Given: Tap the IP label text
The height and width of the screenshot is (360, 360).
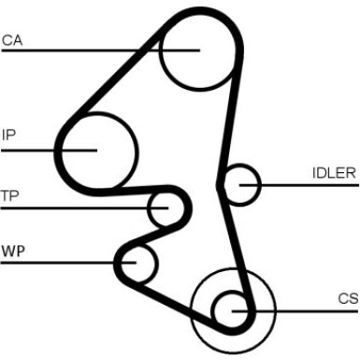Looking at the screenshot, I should [x=8, y=134].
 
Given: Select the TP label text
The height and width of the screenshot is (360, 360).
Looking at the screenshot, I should [x=9, y=195].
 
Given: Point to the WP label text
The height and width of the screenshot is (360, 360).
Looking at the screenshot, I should [x=12, y=251].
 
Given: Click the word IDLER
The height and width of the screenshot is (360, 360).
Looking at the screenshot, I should [x=334, y=173].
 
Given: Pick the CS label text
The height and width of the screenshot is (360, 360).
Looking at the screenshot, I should [x=348, y=298].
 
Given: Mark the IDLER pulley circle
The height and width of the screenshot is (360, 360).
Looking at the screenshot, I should [x=242, y=185].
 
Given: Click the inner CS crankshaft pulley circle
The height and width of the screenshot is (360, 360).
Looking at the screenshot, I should [x=231, y=309].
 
